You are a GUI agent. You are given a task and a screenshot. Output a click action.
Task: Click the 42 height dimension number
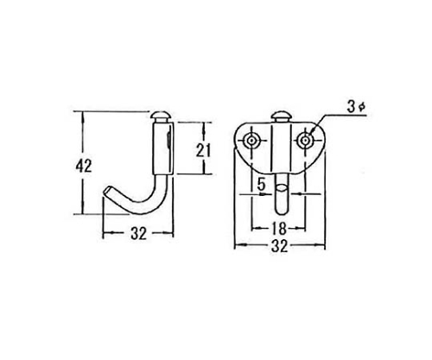(84, 166)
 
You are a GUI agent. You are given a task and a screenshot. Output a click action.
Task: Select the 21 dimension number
(204, 149)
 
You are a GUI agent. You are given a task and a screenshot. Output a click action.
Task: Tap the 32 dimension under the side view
(139, 234)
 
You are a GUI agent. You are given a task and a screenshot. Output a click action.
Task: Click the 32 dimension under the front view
(279, 246)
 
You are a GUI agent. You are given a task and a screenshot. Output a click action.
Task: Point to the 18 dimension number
(279, 229)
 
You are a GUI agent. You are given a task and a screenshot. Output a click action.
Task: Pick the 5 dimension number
(261, 185)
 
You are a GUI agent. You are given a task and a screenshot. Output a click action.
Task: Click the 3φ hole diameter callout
(356, 107)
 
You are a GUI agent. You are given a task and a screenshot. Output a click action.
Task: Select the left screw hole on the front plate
(252, 141)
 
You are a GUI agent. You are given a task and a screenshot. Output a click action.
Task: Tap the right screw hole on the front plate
(305, 141)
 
